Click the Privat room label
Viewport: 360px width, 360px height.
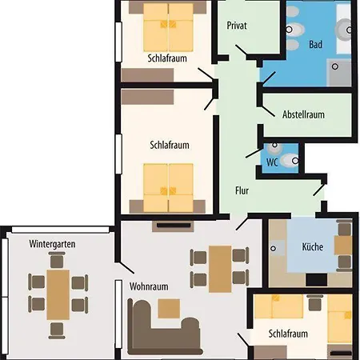[237, 26]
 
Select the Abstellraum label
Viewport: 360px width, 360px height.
[305, 114]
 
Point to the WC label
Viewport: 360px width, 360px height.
[272, 162]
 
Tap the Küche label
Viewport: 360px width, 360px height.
[312, 247]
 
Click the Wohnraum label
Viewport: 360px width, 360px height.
[148, 286]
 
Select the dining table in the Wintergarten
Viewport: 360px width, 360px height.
[58, 292]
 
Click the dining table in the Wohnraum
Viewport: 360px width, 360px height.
[220, 268]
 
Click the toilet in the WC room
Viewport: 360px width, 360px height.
[273, 148]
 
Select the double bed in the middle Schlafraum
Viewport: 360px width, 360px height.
[169, 185]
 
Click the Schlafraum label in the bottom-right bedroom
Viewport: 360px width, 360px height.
[289, 334]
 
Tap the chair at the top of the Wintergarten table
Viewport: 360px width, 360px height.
[57, 259]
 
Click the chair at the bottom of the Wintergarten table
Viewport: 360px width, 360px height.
[56, 329]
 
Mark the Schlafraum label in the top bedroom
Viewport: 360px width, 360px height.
[168, 58]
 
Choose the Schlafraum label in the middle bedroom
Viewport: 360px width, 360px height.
[170, 146]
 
